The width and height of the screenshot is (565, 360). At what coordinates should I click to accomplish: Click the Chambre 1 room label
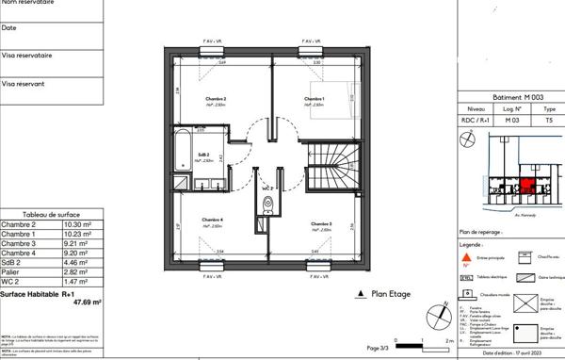pyautogui.click(x=314, y=98)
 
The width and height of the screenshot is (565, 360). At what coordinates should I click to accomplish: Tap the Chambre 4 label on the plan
pyautogui.click(x=211, y=221)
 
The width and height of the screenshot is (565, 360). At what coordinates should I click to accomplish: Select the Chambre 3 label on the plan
pyautogui.click(x=320, y=223)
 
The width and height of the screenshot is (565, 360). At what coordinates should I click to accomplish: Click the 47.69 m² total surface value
pyautogui.click(x=88, y=303)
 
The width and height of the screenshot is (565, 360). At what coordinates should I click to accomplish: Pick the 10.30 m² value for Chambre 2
pyautogui.click(x=76, y=225)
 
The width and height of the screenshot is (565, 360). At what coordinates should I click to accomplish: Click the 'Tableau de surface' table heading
pyautogui.click(x=50, y=216)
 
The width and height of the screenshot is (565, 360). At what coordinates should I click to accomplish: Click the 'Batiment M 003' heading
pyautogui.click(x=511, y=97)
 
